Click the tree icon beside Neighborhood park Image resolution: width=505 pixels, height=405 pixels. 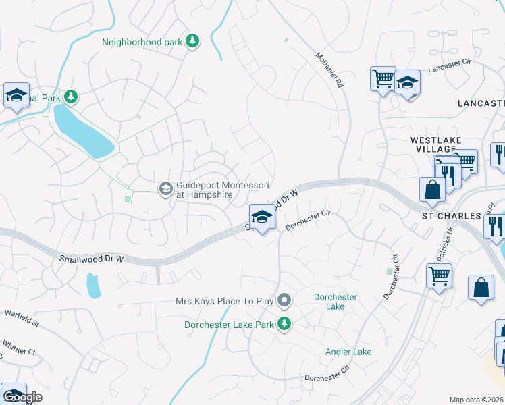[192, 42]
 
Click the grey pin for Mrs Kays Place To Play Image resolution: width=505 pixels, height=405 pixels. [285, 299]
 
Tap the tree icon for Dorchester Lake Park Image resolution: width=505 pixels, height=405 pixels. [284, 324]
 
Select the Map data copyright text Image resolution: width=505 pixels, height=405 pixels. [477, 400]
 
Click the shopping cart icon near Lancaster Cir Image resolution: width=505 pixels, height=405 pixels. [383, 78]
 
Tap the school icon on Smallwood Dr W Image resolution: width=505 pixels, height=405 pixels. [262, 217]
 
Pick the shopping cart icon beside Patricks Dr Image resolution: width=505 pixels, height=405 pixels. [439, 275]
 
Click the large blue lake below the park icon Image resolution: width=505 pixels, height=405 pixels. [82, 132]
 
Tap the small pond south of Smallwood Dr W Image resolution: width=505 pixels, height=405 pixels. [94, 287]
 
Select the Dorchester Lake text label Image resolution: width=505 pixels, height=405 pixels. [336, 302]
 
